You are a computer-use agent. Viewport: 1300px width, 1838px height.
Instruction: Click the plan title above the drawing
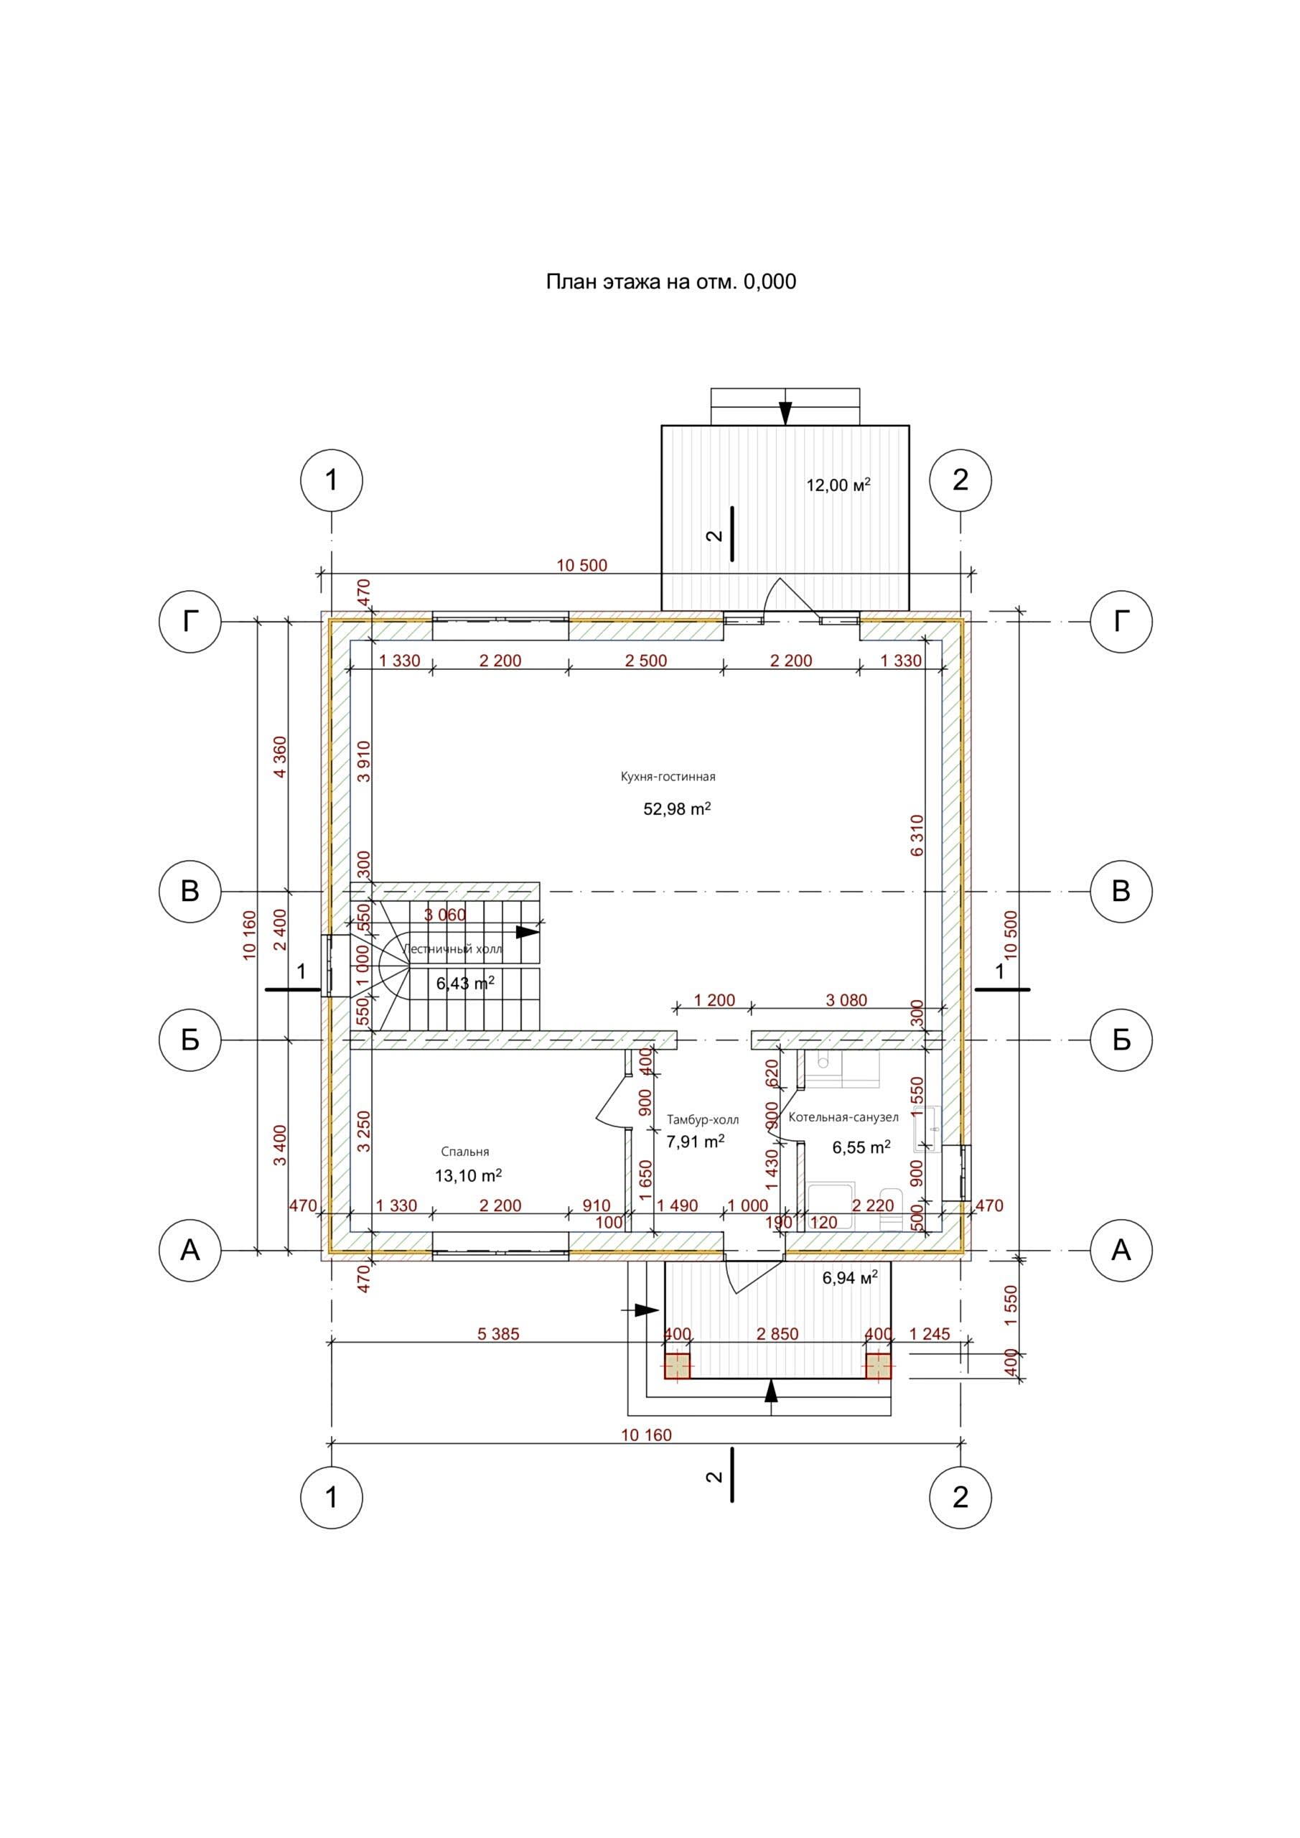point(670,281)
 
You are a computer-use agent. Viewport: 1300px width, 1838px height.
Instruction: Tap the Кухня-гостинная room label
point(668,777)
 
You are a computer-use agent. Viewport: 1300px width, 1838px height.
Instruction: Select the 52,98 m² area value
point(676,809)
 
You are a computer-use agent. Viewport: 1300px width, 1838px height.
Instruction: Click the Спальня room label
point(465,1151)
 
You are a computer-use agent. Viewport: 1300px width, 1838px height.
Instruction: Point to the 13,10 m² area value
point(468,1175)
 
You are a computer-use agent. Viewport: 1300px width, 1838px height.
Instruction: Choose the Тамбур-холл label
point(703,1120)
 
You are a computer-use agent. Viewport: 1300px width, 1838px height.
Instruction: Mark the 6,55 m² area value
point(861,1148)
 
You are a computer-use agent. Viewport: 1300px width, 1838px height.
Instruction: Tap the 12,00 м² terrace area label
point(837,485)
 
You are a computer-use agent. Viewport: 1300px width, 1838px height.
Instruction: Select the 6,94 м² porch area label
point(849,1278)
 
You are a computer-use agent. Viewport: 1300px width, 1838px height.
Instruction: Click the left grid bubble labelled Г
point(190,621)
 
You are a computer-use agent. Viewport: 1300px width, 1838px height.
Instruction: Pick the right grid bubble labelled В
point(1121,891)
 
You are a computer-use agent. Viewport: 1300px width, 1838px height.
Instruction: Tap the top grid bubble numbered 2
point(960,480)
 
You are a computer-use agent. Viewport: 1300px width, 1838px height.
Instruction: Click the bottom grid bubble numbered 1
point(332,1497)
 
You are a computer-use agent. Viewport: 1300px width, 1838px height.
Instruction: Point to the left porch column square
point(677,1366)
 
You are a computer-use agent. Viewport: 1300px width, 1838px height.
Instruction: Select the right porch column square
point(878,1366)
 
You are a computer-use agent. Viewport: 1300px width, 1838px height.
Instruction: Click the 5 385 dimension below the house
point(498,1335)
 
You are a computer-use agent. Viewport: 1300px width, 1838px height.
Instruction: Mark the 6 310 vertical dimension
point(917,835)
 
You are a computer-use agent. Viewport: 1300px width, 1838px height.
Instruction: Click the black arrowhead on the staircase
point(528,932)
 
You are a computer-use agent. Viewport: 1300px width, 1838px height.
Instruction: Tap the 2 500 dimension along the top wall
point(645,661)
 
